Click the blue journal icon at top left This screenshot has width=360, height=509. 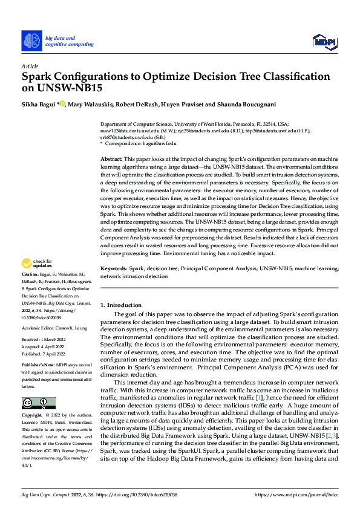pos(32,41)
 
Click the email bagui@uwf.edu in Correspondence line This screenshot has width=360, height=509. pos(160,143)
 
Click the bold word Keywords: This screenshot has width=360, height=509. pos(113,267)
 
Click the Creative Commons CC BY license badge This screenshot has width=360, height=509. pos(38,403)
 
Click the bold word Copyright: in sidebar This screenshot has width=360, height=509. pos(32,417)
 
